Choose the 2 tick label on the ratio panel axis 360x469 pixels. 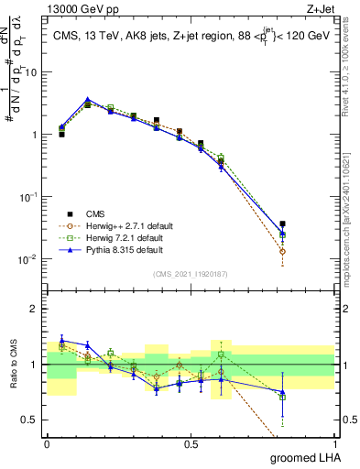point(35,309)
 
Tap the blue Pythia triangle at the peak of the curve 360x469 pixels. point(87,100)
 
